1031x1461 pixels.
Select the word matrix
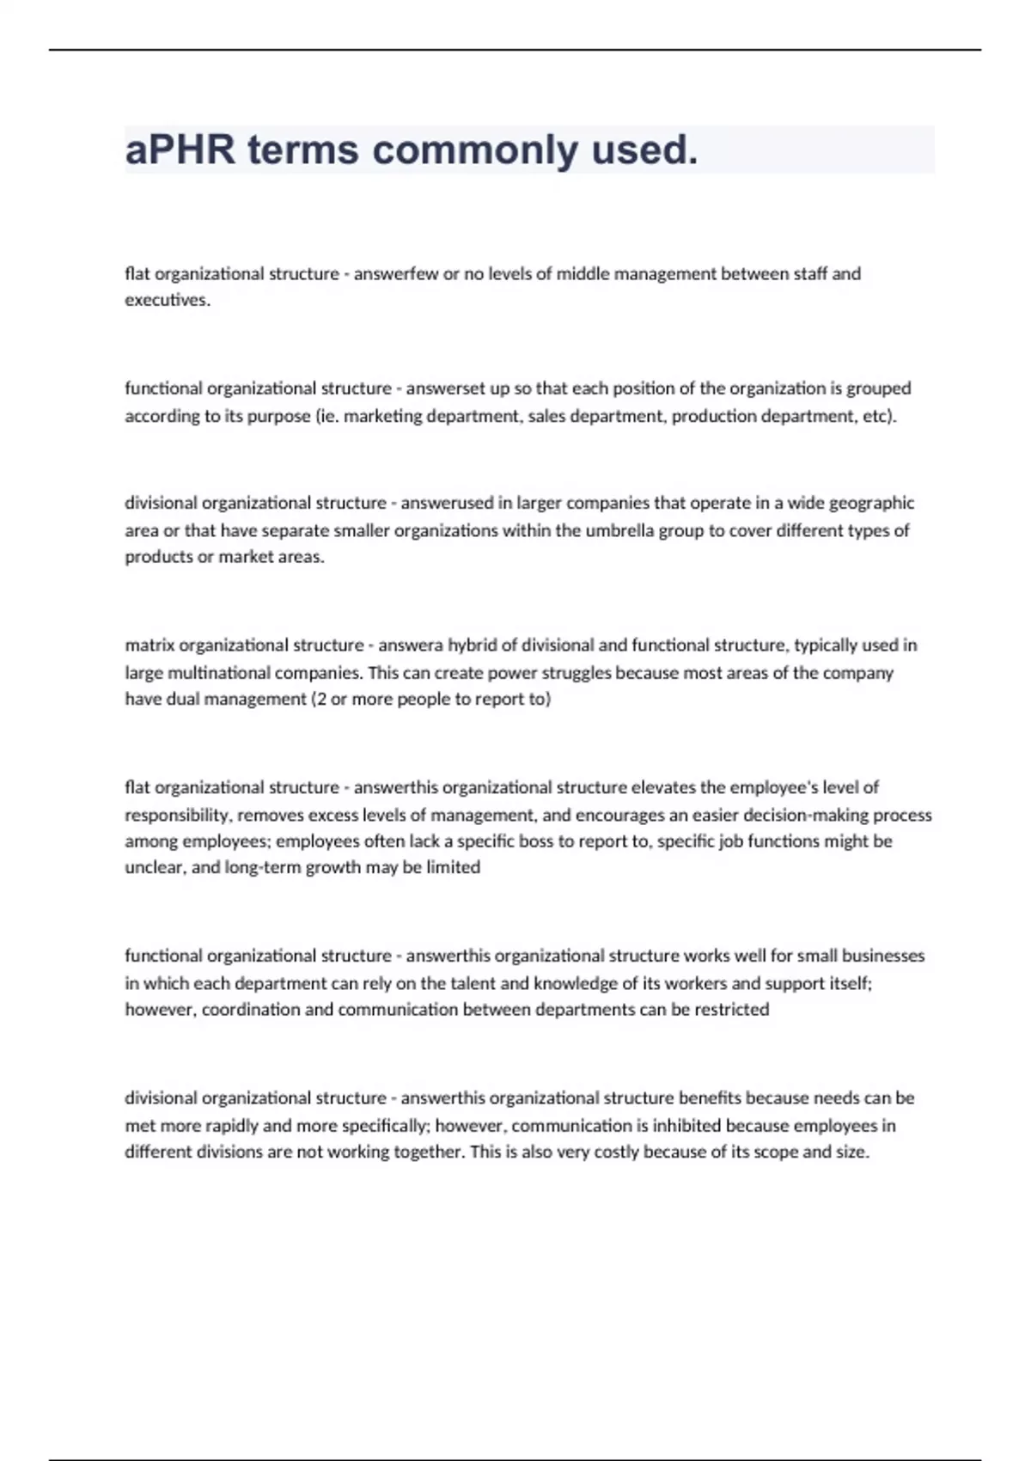click(149, 645)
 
